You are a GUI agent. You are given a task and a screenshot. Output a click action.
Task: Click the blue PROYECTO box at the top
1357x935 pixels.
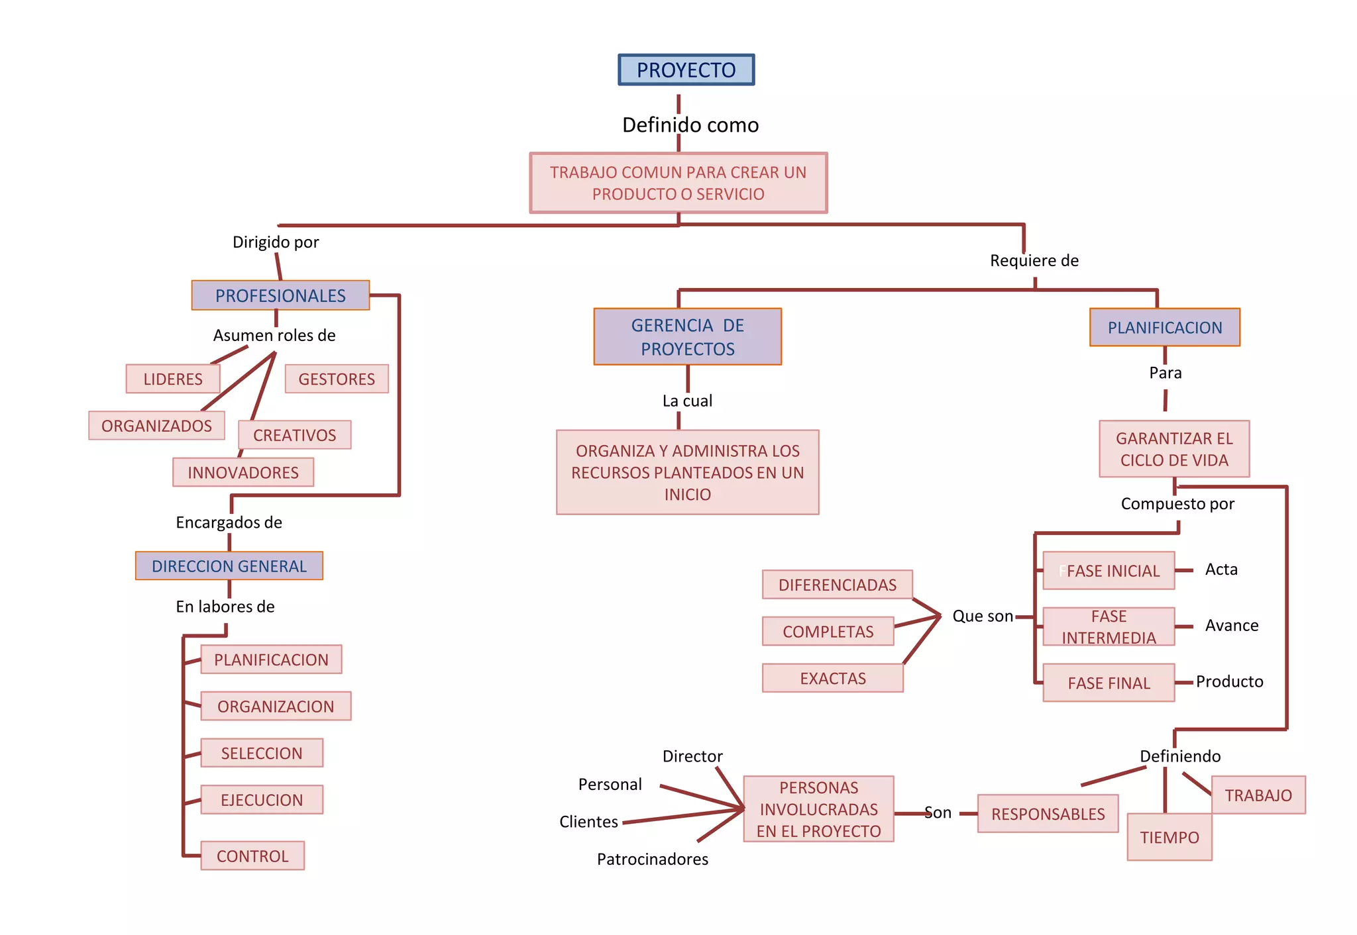tap(686, 70)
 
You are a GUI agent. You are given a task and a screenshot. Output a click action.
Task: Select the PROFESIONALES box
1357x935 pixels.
tap(280, 295)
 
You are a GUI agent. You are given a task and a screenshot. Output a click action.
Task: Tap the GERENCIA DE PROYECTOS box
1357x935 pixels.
tap(687, 336)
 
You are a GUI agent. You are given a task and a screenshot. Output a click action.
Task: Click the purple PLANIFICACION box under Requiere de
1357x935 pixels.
tap(1164, 327)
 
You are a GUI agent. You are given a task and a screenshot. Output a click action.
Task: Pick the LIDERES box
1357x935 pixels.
tap(173, 379)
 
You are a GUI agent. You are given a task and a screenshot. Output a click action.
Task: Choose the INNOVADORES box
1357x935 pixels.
tap(243, 472)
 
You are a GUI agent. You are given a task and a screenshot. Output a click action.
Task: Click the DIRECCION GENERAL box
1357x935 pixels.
tap(229, 566)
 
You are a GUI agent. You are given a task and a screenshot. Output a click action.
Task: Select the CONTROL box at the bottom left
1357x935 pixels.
tap(252, 856)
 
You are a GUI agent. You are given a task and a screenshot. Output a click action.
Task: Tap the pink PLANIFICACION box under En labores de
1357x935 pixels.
tap(271, 660)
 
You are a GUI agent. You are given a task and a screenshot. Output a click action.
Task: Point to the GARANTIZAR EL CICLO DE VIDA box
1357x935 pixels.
tap(1174, 449)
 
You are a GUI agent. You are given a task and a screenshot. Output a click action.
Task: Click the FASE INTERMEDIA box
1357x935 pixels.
tap(1109, 626)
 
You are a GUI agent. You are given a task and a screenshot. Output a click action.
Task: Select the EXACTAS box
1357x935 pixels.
tap(832, 678)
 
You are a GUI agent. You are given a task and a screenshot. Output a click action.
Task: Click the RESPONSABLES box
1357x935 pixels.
tap(1048, 814)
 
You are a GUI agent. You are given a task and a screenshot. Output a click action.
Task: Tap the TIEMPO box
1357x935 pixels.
tap(1169, 837)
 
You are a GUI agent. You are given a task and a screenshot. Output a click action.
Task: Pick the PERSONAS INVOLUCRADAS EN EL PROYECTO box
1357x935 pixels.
tap(818, 809)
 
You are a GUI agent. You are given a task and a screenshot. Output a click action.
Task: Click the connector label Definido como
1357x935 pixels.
tap(690, 124)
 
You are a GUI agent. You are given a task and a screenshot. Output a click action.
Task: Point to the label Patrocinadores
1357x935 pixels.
tap(652, 859)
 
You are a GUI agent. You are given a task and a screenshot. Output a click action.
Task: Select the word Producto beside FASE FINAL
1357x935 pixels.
tap(1229, 681)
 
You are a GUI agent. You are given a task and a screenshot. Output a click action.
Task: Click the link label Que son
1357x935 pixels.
tap(982, 616)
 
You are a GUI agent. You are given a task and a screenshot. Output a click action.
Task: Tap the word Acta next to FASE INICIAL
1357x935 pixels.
tap(1221, 569)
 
